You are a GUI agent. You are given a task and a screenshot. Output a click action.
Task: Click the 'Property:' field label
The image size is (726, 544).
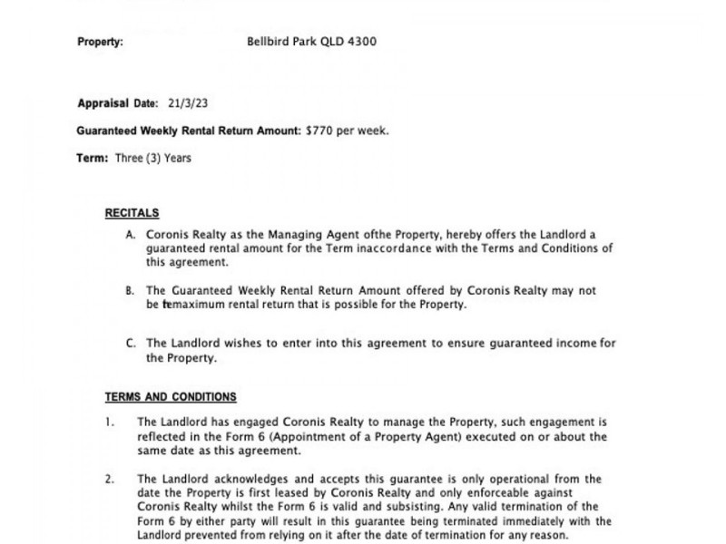coord(101,42)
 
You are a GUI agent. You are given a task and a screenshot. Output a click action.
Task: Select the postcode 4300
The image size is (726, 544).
coord(359,42)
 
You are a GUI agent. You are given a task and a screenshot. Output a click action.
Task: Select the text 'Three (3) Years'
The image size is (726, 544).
coord(153,158)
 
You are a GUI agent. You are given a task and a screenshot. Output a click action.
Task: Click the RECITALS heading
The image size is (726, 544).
coord(132,214)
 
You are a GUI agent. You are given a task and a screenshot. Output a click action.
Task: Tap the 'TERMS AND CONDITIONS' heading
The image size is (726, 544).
coord(171,397)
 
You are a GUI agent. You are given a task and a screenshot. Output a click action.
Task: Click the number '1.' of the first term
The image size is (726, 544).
coord(110,423)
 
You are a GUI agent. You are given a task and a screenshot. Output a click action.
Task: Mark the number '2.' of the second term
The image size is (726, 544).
coord(110,479)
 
